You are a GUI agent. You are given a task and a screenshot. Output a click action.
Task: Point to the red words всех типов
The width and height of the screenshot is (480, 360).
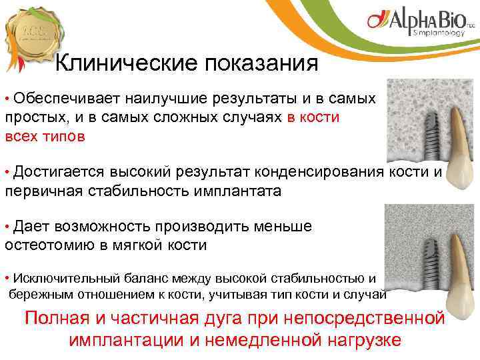[x=45, y=137]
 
